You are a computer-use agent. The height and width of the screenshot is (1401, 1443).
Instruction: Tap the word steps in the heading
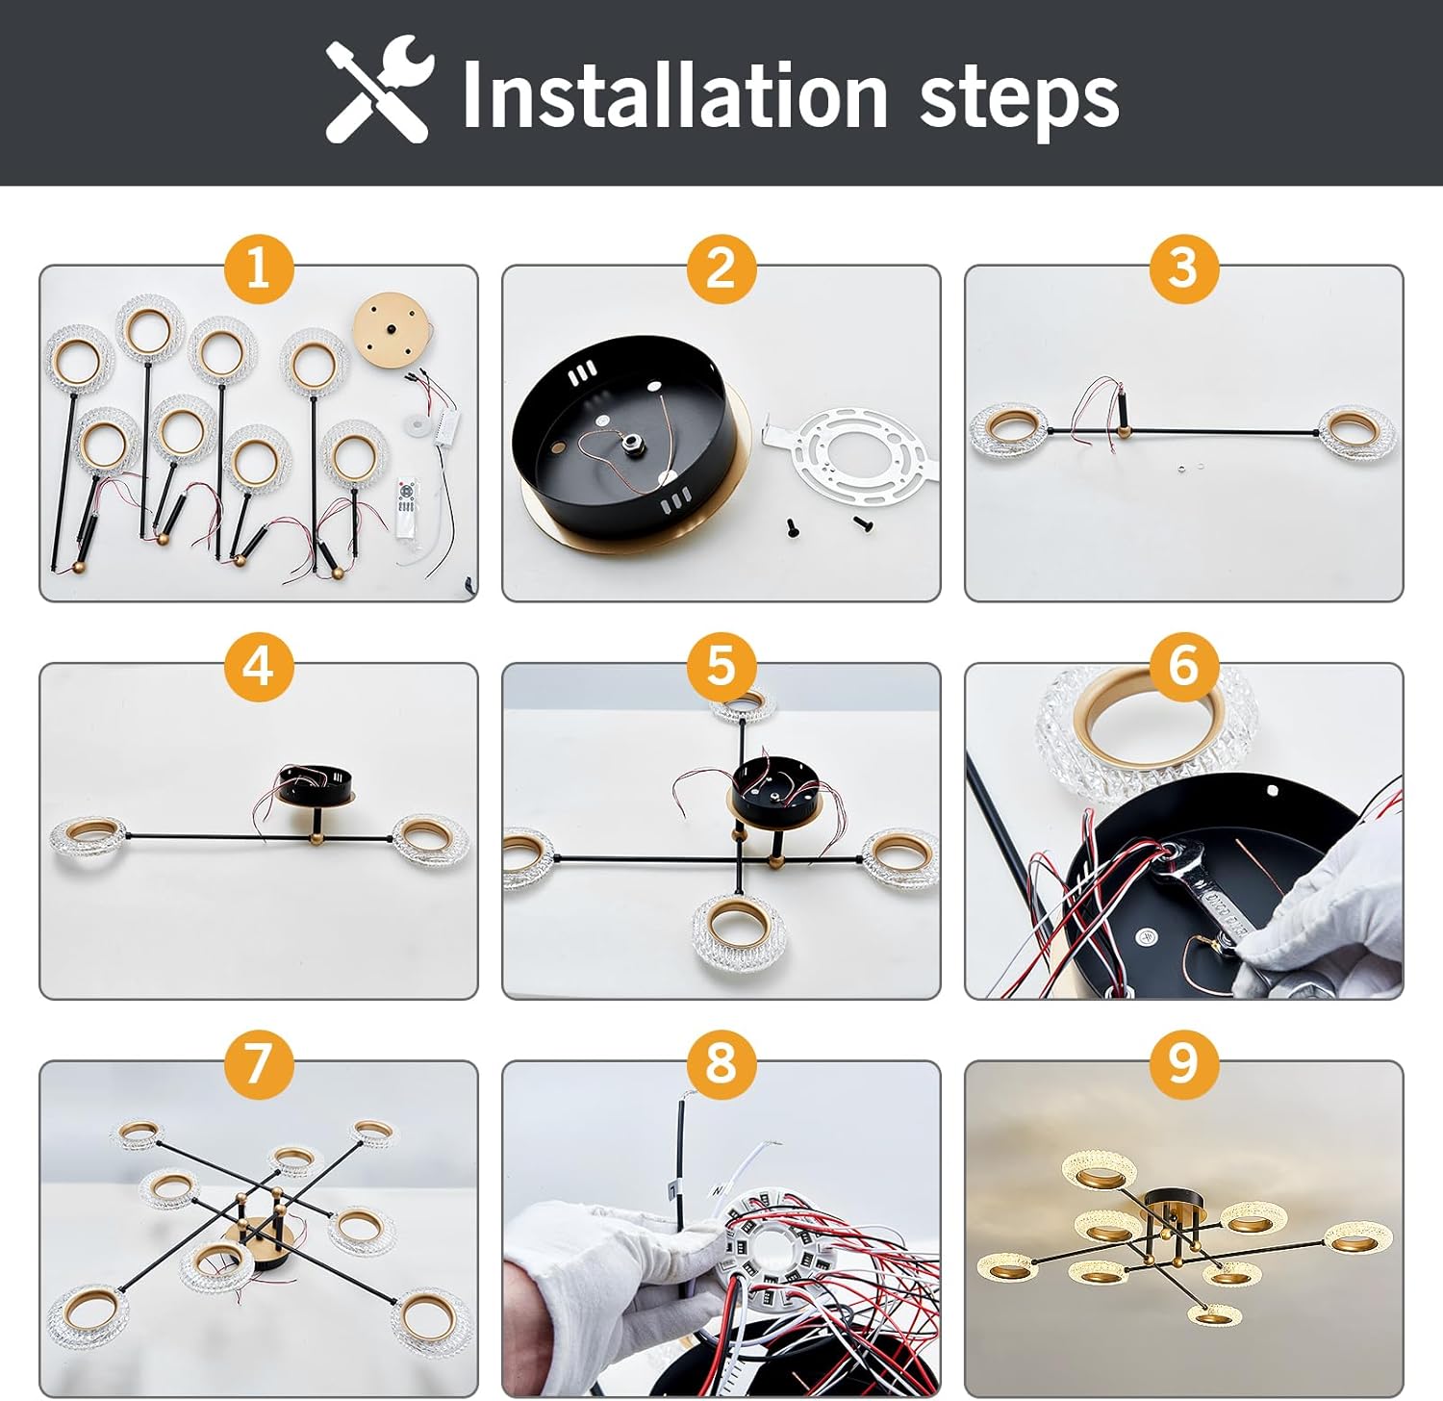coord(1019,100)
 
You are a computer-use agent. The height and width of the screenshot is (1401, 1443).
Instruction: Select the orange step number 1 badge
coord(258,267)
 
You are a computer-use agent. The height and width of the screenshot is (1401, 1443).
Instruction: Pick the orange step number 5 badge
coord(721,666)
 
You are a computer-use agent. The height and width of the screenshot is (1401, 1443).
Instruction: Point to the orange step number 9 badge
coord(1184,1063)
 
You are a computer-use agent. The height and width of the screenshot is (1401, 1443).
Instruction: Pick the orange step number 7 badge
coord(258,1063)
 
